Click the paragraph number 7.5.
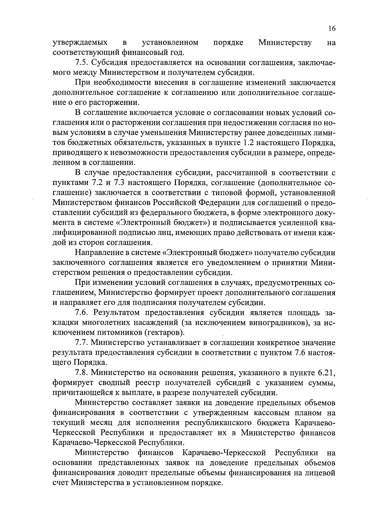(82, 63)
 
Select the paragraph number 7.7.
(82, 342)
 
